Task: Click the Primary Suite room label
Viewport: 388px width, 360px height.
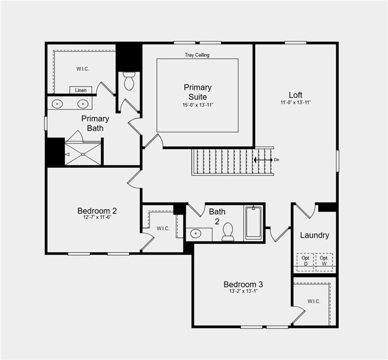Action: (x=197, y=92)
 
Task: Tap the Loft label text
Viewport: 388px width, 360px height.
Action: (x=296, y=94)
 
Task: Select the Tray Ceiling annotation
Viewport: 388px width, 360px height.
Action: (x=197, y=55)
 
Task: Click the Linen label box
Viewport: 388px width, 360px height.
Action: (x=81, y=90)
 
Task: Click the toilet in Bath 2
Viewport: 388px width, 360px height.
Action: (x=228, y=232)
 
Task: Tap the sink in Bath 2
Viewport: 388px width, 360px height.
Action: (x=194, y=233)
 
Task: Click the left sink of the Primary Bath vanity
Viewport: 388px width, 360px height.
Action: (x=58, y=104)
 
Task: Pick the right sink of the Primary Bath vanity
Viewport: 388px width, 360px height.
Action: (x=83, y=104)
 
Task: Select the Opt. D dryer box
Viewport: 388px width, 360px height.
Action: (x=306, y=261)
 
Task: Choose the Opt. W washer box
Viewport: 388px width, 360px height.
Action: (x=324, y=261)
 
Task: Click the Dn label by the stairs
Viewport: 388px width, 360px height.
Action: (x=276, y=160)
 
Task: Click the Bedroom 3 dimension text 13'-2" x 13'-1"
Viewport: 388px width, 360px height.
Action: (x=243, y=292)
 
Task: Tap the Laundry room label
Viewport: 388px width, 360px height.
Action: (x=314, y=235)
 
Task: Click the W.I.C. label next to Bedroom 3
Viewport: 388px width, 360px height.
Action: (x=314, y=301)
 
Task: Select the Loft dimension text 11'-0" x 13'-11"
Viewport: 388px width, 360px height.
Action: (x=296, y=102)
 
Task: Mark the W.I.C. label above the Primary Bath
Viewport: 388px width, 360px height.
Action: (x=82, y=69)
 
